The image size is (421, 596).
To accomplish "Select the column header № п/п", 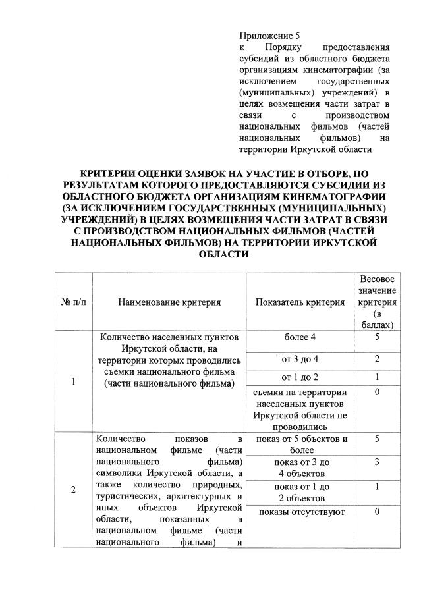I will [72, 302].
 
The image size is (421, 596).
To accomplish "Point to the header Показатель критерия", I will [300, 302].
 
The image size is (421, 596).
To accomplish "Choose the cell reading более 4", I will [300, 337].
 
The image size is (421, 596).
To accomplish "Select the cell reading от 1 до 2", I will [300, 377].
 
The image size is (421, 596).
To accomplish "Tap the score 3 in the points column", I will [377, 462].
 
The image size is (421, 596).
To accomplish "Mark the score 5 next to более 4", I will [377, 337].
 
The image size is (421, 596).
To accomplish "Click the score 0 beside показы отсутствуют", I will [377, 512].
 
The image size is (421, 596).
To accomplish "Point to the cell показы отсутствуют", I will [300, 512].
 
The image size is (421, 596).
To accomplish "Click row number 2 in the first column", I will [72, 489].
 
